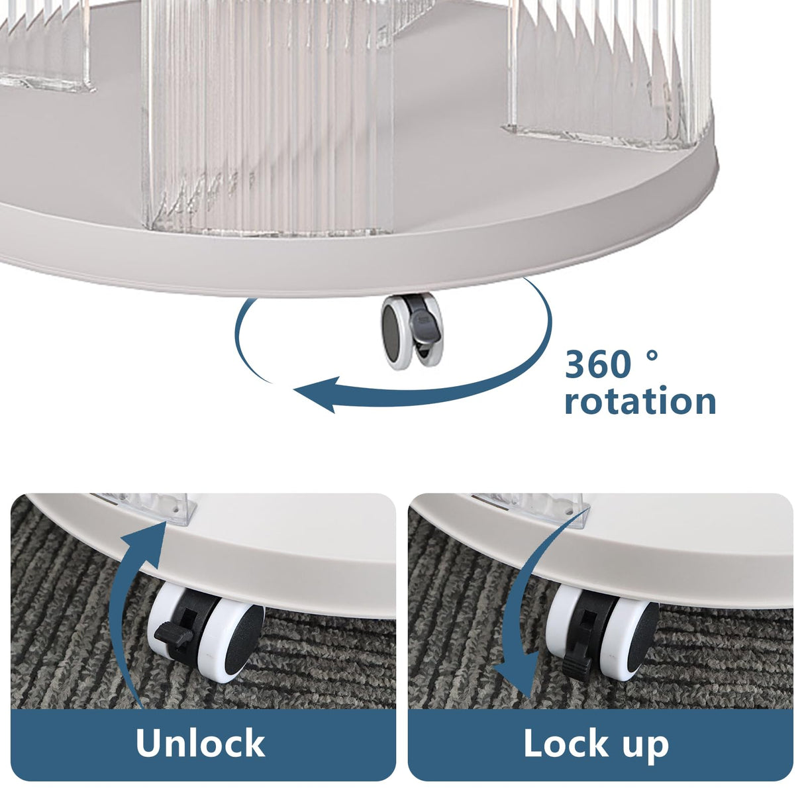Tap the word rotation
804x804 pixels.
pyautogui.click(x=640, y=401)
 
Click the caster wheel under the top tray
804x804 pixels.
pyautogui.click(x=412, y=331)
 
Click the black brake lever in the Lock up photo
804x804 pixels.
pyautogui.click(x=577, y=662)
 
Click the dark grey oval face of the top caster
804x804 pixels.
pyautogui.click(x=391, y=332)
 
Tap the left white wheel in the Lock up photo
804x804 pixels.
pyautogui.click(x=563, y=622)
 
